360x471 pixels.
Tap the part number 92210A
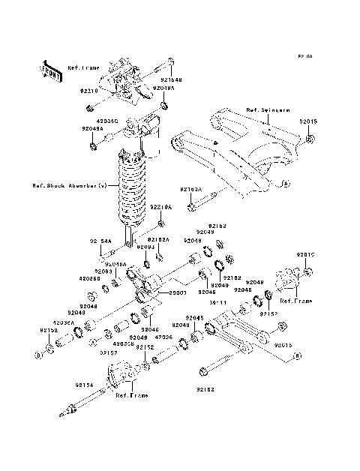click(160, 206)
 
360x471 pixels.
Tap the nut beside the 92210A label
click(162, 223)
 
